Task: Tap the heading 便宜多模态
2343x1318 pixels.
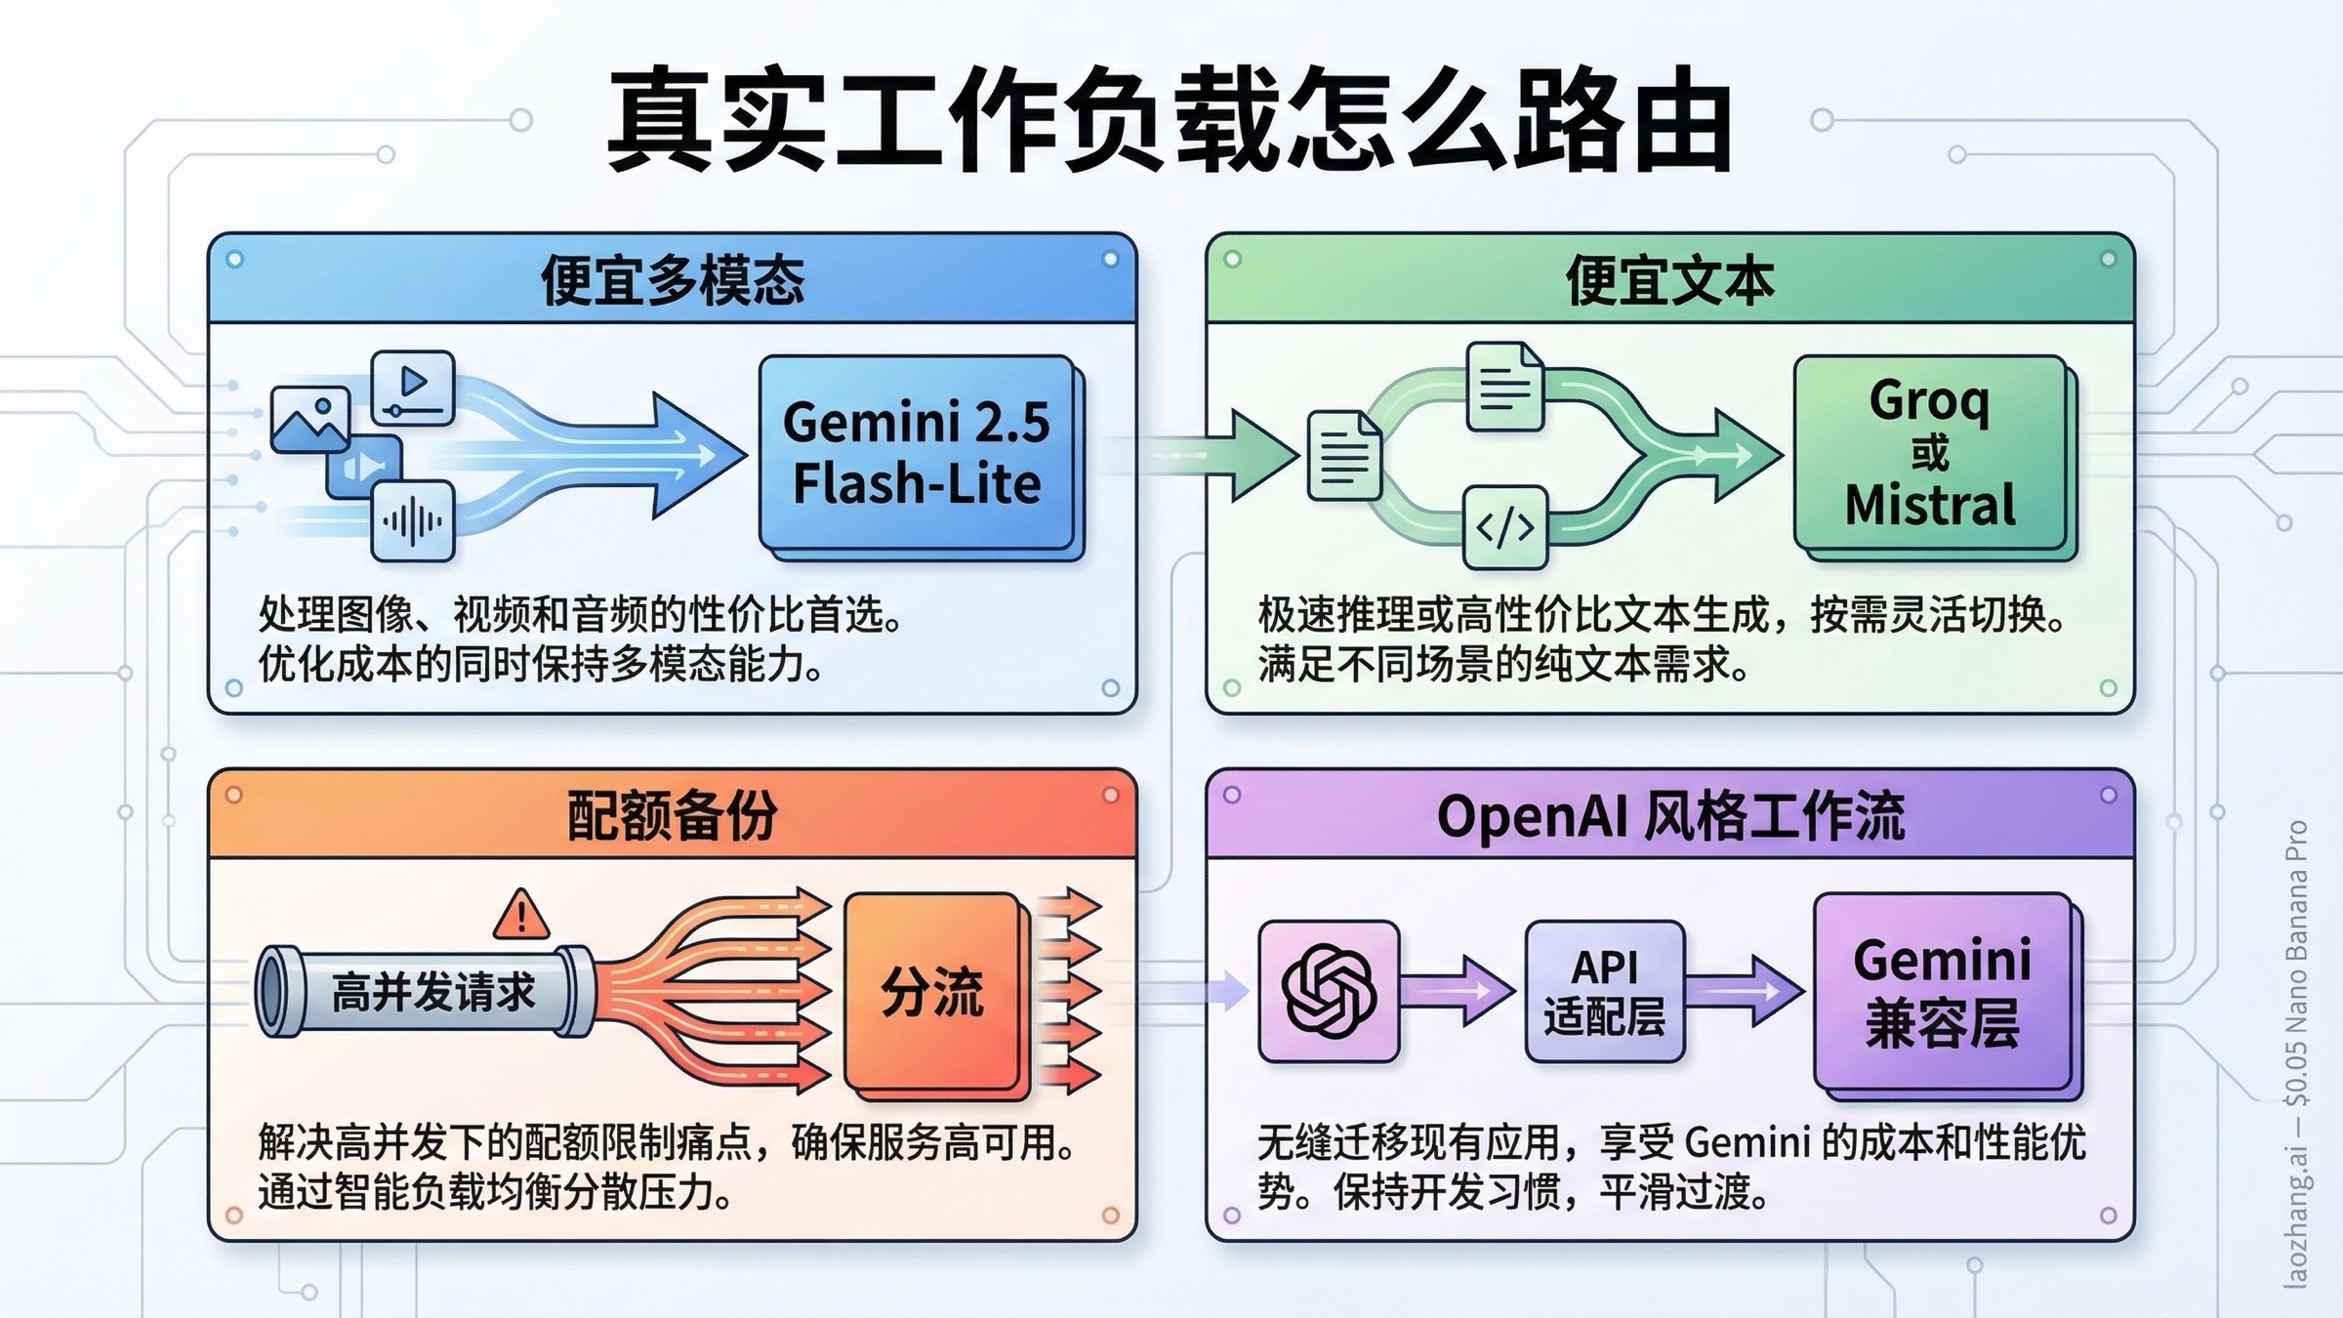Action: (x=673, y=280)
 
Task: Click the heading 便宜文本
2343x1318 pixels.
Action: (x=1669, y=280)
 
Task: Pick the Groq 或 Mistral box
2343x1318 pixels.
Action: (x=1930, y=453)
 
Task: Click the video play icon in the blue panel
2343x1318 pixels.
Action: (x=413, y=387)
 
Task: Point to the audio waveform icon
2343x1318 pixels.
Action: (x=413, y=521)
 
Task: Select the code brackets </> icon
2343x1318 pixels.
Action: (x=1504, y=528)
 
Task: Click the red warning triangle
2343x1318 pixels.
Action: (x=521, y=916)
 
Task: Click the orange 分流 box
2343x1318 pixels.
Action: (x=931, y=992)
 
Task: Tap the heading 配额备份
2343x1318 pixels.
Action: (x=673, y=815)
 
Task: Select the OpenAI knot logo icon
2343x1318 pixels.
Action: (x=1329, y=992)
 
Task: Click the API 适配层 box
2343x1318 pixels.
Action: (x=1605, y=992)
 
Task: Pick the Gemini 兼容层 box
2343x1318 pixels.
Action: (x=1943, y=992)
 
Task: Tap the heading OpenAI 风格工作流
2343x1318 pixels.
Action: (x=1669, y=815)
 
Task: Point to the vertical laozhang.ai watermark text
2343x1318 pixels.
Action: (x=2296, y=1054)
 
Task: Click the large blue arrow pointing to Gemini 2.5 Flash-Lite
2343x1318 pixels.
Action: (x=625, y=455)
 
